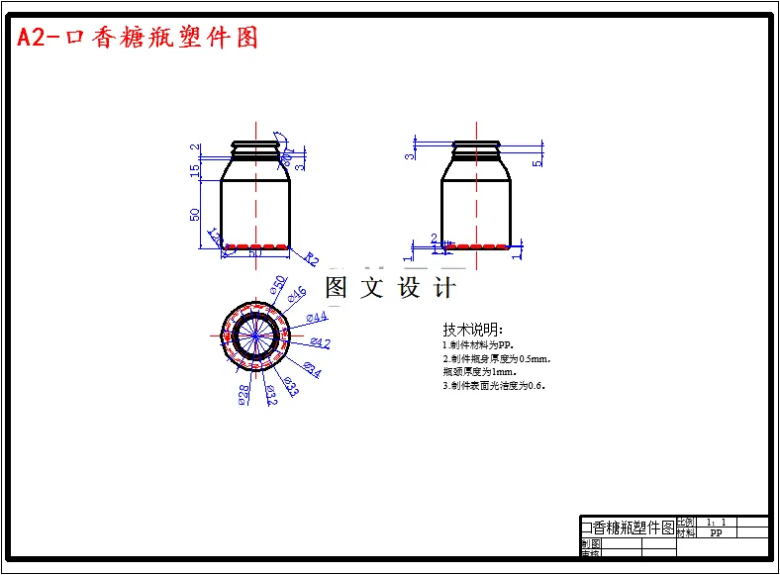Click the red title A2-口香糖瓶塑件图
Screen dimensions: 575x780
pos(138,38)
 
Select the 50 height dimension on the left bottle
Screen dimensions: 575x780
pos(195,213)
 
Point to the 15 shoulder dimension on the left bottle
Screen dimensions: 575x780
pos(195,169)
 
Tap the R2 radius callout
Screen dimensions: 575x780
pos(311,259)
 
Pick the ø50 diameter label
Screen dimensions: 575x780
pos(278,285)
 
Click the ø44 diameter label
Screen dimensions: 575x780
pos(317,317)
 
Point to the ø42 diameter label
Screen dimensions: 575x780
pos(320,343)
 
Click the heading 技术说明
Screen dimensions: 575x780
pos(473,329)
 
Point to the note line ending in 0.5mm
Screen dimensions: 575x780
pos(496,359)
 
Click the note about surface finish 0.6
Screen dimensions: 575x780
pos(494,386)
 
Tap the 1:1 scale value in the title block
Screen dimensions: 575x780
pos(716,522)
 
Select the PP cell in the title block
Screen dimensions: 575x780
pos(716,532)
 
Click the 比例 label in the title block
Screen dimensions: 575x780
pos(685,522)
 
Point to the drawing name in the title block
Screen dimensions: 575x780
pos(627,527)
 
